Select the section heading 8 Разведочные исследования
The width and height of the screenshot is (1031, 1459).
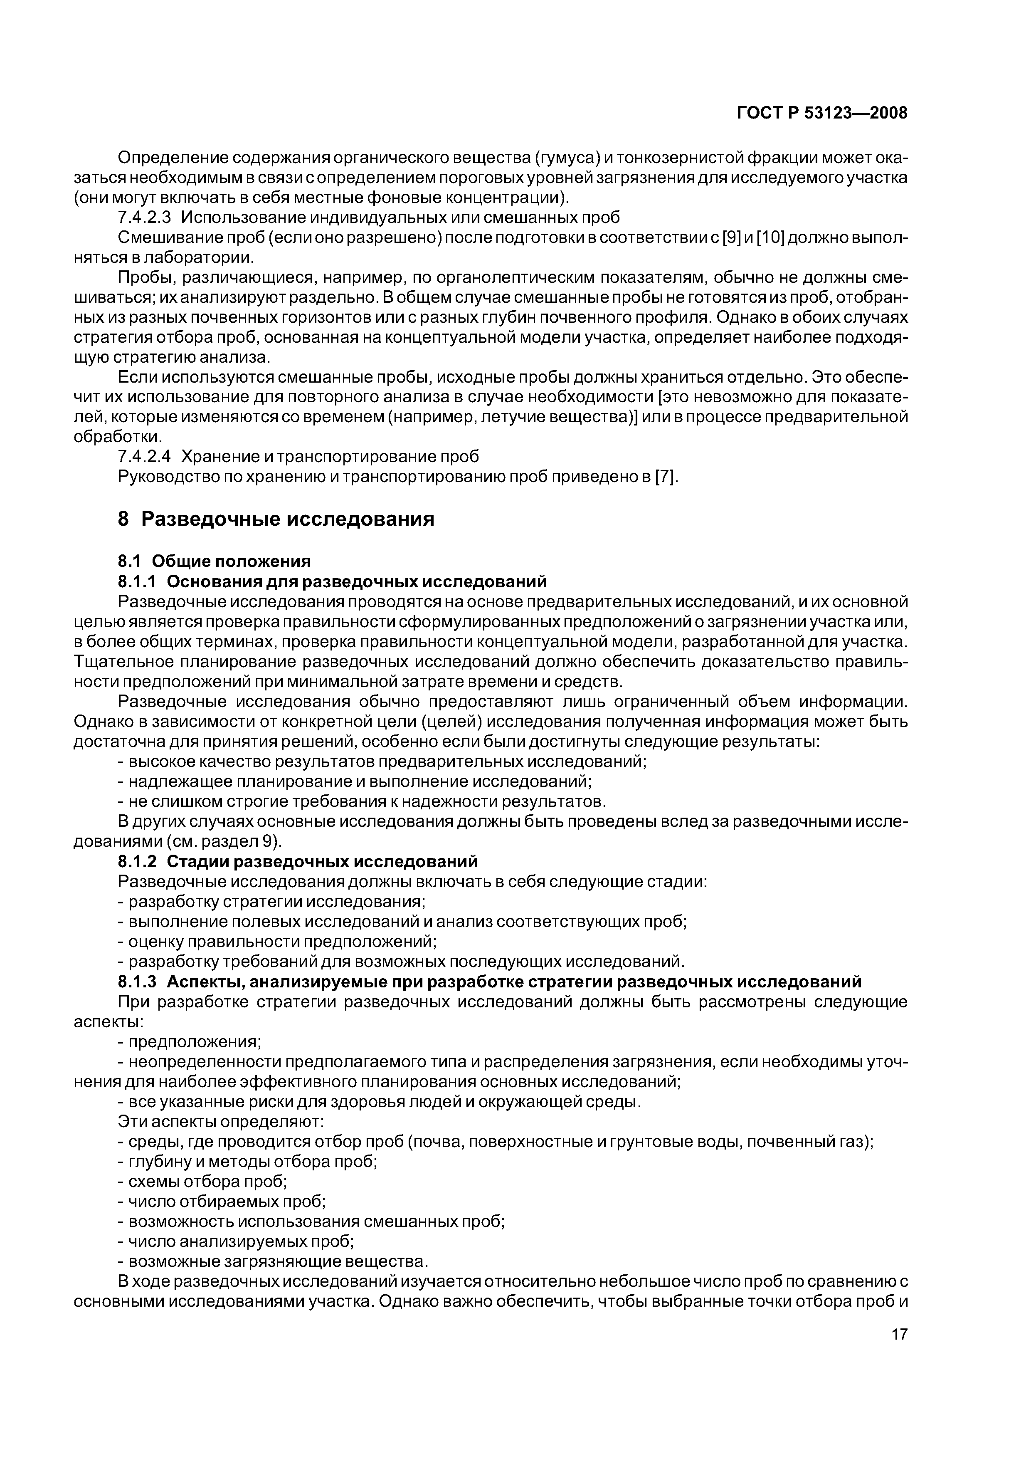(276, 519)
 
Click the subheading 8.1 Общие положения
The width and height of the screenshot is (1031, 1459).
(215, 561)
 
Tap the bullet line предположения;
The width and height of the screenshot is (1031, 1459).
(194, 1041)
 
